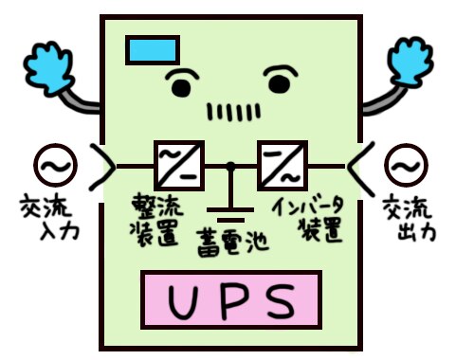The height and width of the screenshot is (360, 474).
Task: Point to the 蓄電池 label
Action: coord(230,241)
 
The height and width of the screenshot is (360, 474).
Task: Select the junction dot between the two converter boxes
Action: coord(229,168)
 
